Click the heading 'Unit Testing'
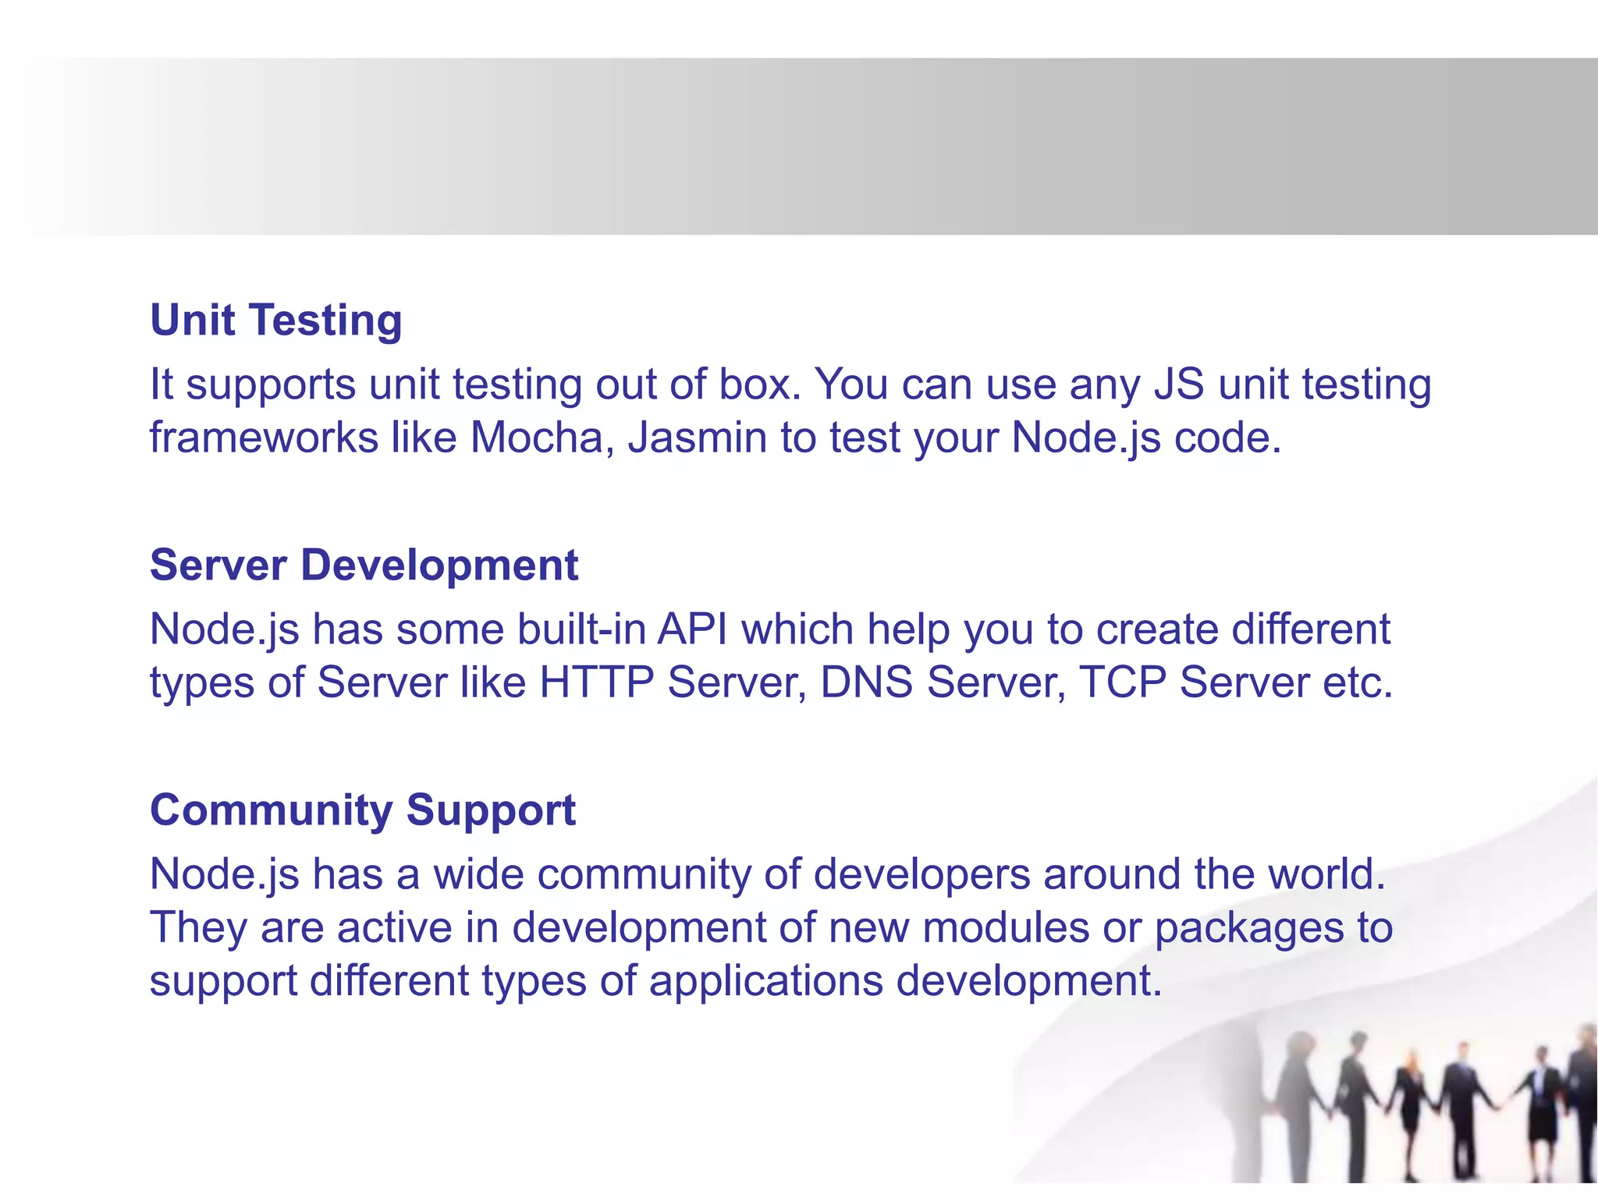pos(276,321)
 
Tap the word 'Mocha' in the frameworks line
pos(537,438)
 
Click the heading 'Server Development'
pos(364,565)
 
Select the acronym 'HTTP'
pos(596,682)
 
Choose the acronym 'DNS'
pos(866,682)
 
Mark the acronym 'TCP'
pos(1123,682)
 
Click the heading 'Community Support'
pos(363,810)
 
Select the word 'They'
pos(198,927)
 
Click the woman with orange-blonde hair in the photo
pos(1411,1108)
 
